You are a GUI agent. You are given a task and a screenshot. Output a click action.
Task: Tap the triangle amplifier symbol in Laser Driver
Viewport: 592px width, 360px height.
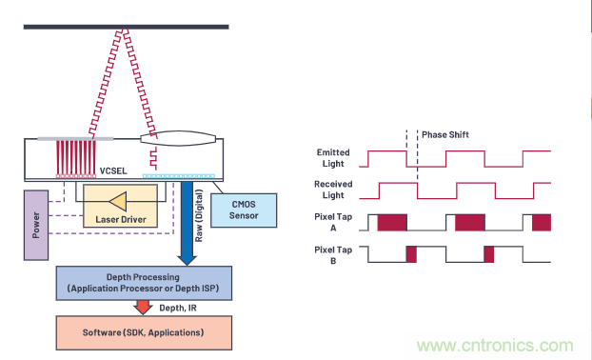119,200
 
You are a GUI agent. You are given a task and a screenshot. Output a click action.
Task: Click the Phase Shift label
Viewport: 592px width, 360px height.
445,134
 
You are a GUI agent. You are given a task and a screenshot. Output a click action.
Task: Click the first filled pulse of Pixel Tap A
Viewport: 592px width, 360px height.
392,222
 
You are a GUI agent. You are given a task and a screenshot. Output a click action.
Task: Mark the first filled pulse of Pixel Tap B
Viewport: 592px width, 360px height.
412,254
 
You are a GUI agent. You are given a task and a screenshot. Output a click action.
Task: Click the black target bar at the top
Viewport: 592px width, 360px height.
126,26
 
